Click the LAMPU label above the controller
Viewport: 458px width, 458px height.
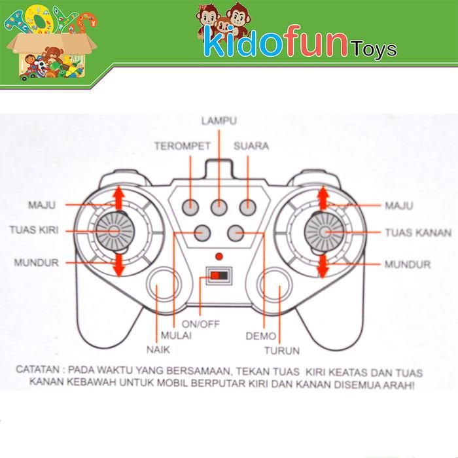point(219,121)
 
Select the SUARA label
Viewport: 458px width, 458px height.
point(251,146)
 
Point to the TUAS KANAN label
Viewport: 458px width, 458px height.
point(417,232)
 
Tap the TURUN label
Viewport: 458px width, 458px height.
point(277,350)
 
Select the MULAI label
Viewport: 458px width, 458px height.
point(177,336)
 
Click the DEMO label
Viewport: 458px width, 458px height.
point(260,336)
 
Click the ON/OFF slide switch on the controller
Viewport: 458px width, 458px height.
point(218,275)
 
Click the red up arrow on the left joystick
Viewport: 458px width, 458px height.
point(118,196)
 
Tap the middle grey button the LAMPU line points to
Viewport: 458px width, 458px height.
point(219,206)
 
